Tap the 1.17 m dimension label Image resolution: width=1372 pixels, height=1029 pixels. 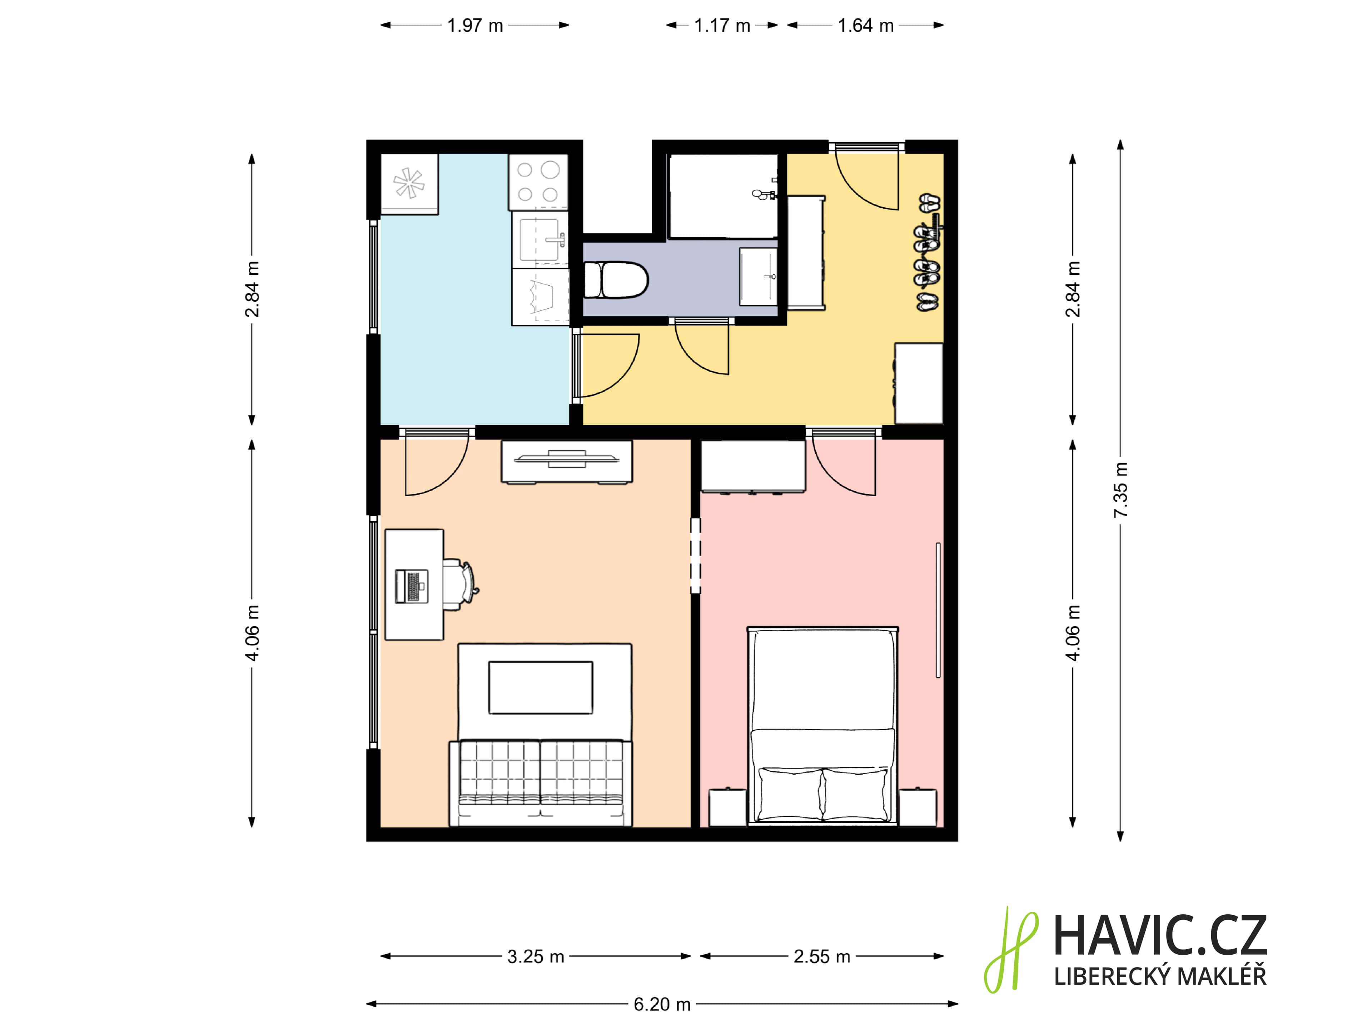click(722, 25)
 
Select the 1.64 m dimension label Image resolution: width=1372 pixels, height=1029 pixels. click(865, 25)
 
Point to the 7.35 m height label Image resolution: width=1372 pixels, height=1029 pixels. click(1120, 490)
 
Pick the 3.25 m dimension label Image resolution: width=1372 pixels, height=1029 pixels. click(535, 956)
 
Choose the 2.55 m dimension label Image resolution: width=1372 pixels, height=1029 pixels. click(822, 956)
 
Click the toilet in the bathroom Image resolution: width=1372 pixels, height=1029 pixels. click(616, 280)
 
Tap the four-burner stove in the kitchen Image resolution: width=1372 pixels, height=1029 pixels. click(538, 182)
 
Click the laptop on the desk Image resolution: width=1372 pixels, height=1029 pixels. click(412, 586)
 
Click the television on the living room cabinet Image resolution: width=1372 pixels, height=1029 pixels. click(566, 459)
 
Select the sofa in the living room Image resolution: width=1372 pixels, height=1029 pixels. click(540, 783)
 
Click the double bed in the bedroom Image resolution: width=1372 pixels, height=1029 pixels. click(822, 726)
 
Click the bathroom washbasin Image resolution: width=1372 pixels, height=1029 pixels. click(759, 277)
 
